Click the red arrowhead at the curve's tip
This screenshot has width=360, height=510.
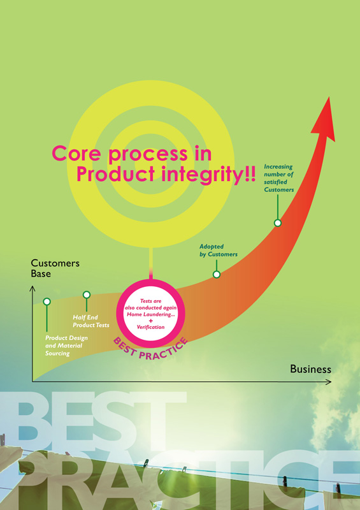324,121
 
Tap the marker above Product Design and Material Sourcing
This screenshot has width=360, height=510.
47,302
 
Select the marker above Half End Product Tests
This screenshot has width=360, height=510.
87,295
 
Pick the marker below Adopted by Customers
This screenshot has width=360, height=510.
217,274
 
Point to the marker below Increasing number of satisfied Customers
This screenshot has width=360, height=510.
277,222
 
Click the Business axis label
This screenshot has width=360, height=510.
310,369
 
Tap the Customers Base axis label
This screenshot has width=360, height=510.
55,268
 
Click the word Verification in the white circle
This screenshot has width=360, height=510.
150,327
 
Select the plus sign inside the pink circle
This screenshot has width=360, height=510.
150,321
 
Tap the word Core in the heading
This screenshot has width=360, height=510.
76,153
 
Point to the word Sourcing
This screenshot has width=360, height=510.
57,354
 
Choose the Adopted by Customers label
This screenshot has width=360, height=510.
218,251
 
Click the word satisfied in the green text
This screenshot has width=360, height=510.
275,182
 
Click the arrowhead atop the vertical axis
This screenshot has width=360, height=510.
32,288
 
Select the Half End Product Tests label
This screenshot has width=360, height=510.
91,321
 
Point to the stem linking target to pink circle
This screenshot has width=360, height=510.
150,263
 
